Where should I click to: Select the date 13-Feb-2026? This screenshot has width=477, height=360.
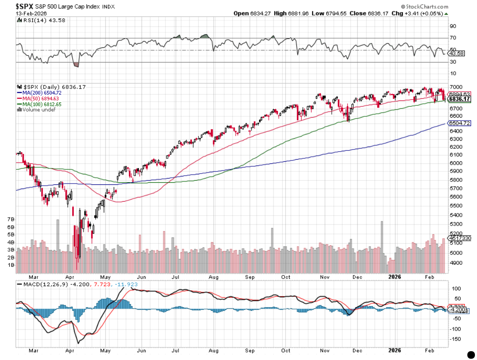pyautogui.click(x=30, y=13)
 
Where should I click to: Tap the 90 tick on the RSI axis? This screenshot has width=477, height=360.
pyautogui.click(x=453, y=26)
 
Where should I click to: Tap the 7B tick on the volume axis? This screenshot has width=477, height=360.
pyautogui.click(x=12, y=219)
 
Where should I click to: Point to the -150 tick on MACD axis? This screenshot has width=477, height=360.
pyautogui.click(x=453, y=339)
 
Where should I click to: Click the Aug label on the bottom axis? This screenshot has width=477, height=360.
pyautogui.click(x=213, y=277)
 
